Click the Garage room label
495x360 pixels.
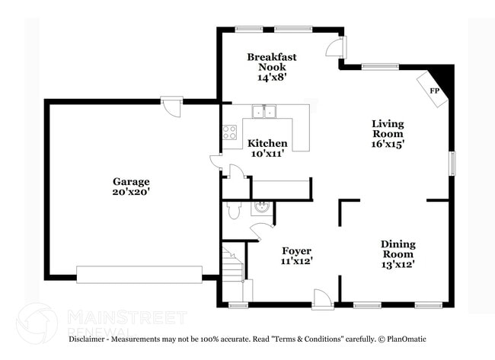coord(131,186)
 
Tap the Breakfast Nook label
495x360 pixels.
coord(272,66)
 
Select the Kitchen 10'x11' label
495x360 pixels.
coord(267,148)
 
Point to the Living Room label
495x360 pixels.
coord(388,133)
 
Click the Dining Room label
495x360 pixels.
coord(398,254)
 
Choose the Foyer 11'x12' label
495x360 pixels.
coord(297,256)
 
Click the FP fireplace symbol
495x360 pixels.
coord(435,91)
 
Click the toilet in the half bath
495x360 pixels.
coord(233,209)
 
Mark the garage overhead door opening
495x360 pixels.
coord(139,275)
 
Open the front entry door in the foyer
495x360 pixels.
coord(322,298)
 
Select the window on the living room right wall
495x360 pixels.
coord(452,164)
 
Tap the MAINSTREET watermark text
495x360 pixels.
coord(126,316)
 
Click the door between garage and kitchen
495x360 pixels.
coord(216,164)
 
